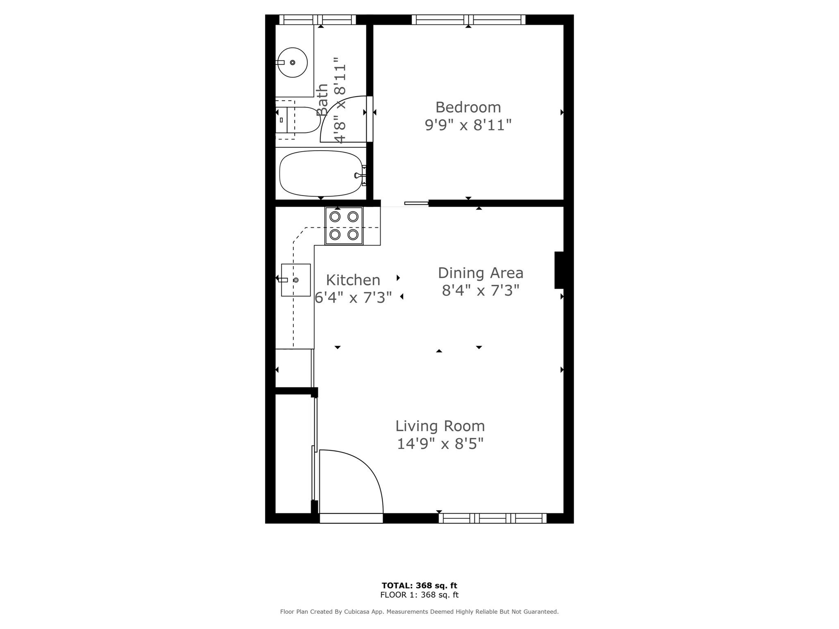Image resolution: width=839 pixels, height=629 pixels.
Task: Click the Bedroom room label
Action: click(x=468, y=107)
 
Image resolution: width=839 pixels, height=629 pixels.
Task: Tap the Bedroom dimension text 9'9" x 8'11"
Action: click(x=468, y=125)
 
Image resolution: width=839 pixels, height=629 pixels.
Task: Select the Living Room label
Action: click(x=440, y=426)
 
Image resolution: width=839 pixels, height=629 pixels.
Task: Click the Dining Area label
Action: click(x=481, y=273)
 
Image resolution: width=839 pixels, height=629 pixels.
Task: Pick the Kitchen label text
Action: click(x=353, y=280)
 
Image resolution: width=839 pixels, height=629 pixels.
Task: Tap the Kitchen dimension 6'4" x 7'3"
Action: click(x=353, y=298)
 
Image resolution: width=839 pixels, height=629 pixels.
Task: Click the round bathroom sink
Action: click(x=293, y=62)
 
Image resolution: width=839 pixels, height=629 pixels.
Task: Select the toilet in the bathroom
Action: click(x=298, y=120)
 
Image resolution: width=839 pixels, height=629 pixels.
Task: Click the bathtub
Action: click(x=321, y=174)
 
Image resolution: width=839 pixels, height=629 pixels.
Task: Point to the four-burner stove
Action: click(x=344, y=226)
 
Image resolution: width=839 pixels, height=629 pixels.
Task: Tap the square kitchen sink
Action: click(x=296, y=280)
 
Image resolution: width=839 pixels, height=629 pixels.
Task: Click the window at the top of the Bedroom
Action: click(x=468, y=20)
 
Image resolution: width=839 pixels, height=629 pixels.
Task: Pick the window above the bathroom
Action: click(x=317, y=20)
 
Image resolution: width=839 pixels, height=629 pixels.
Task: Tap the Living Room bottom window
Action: click(x=492, y=518)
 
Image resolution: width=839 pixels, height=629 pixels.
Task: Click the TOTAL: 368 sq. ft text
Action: click(x=419, y=586)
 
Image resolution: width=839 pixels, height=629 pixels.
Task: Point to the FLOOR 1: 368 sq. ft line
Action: click(x=419, y=595)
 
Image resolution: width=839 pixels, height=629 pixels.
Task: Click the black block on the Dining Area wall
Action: click(x=559, y=270)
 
